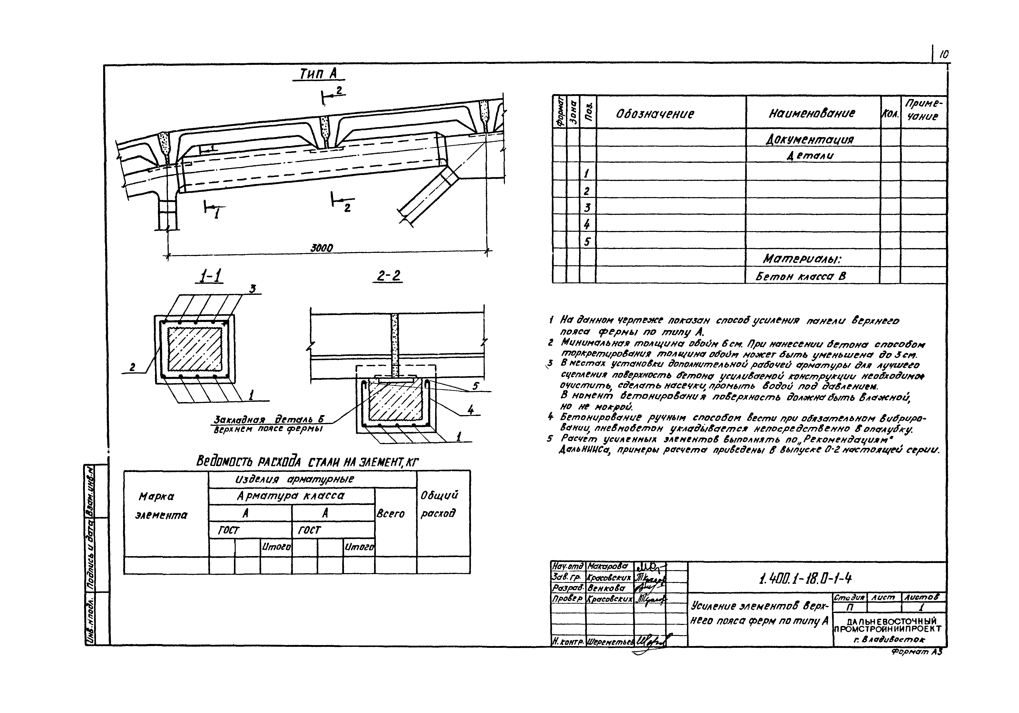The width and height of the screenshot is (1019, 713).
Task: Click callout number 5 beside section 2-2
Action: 475,386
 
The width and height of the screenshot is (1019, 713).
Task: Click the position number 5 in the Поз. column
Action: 587,242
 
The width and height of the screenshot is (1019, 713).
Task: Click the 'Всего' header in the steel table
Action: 391,514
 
